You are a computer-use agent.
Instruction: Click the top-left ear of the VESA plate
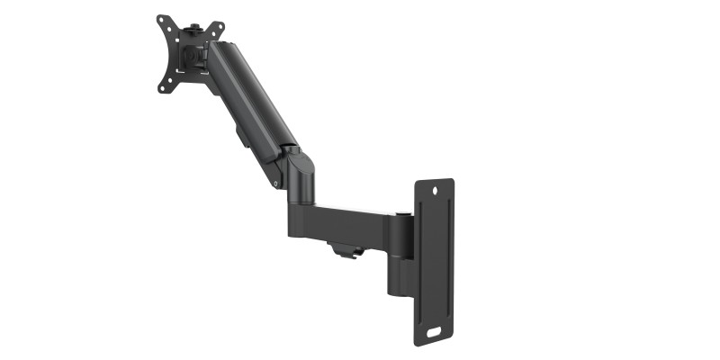tap(163, 21)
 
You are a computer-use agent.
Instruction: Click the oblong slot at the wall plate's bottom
tap(434, 330)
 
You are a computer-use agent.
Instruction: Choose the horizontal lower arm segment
tap(346, 223)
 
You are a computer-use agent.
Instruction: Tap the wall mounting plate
tap(434, 261)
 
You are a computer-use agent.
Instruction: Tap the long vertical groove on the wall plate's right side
tap(447, 261)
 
